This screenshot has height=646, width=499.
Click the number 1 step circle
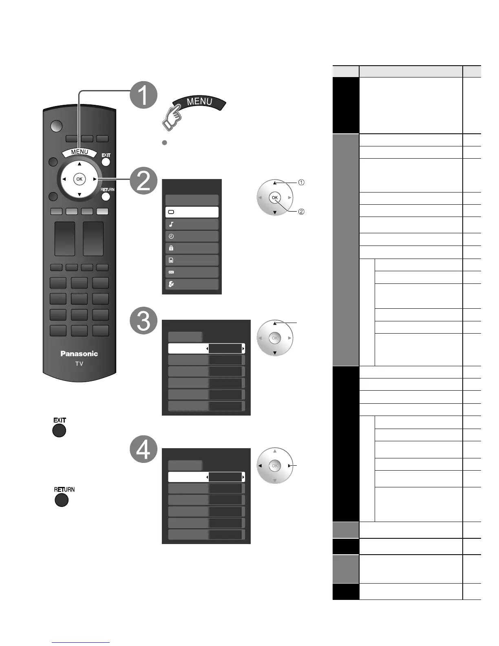click(x=144, y=95)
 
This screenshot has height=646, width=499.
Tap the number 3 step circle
click(x=144, y=320)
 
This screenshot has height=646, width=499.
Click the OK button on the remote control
click(x=79, y=179)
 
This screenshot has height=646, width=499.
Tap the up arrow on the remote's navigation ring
click(x=79, y=164)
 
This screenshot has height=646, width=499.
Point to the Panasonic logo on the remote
click(x=79, y=354)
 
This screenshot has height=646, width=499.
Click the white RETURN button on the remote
click(x=106, y=197)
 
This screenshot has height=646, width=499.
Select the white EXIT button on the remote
click(x=106, y=162)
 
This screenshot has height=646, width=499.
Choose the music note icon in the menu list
click(x=171, y=224)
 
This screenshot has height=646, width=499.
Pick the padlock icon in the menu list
click(x=171, y=248)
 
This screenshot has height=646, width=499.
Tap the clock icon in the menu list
click(x=171, y=236)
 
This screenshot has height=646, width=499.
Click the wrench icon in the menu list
click(x=171, y=284)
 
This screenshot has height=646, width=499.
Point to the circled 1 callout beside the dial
click(x=301, y=182)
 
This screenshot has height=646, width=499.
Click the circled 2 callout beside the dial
click(x=301, y=212)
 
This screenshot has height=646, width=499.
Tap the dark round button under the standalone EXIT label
click(x=59, y=431)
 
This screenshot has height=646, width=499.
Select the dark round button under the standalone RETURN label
click(x=61, y=500)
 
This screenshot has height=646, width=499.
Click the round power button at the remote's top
click(x=57, y=126)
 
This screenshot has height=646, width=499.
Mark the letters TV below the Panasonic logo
click(x=79, y=363)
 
